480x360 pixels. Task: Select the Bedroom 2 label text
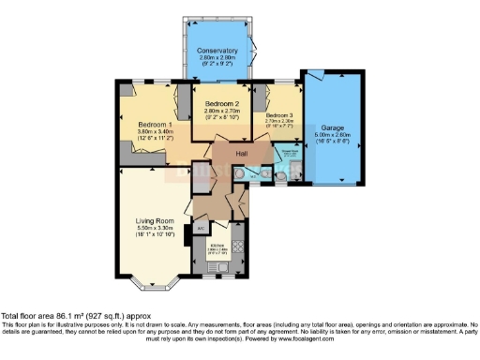(x=223, y=102)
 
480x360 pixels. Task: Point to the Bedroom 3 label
(x=279, y=110)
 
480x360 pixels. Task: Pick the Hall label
(x=241, y=152)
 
